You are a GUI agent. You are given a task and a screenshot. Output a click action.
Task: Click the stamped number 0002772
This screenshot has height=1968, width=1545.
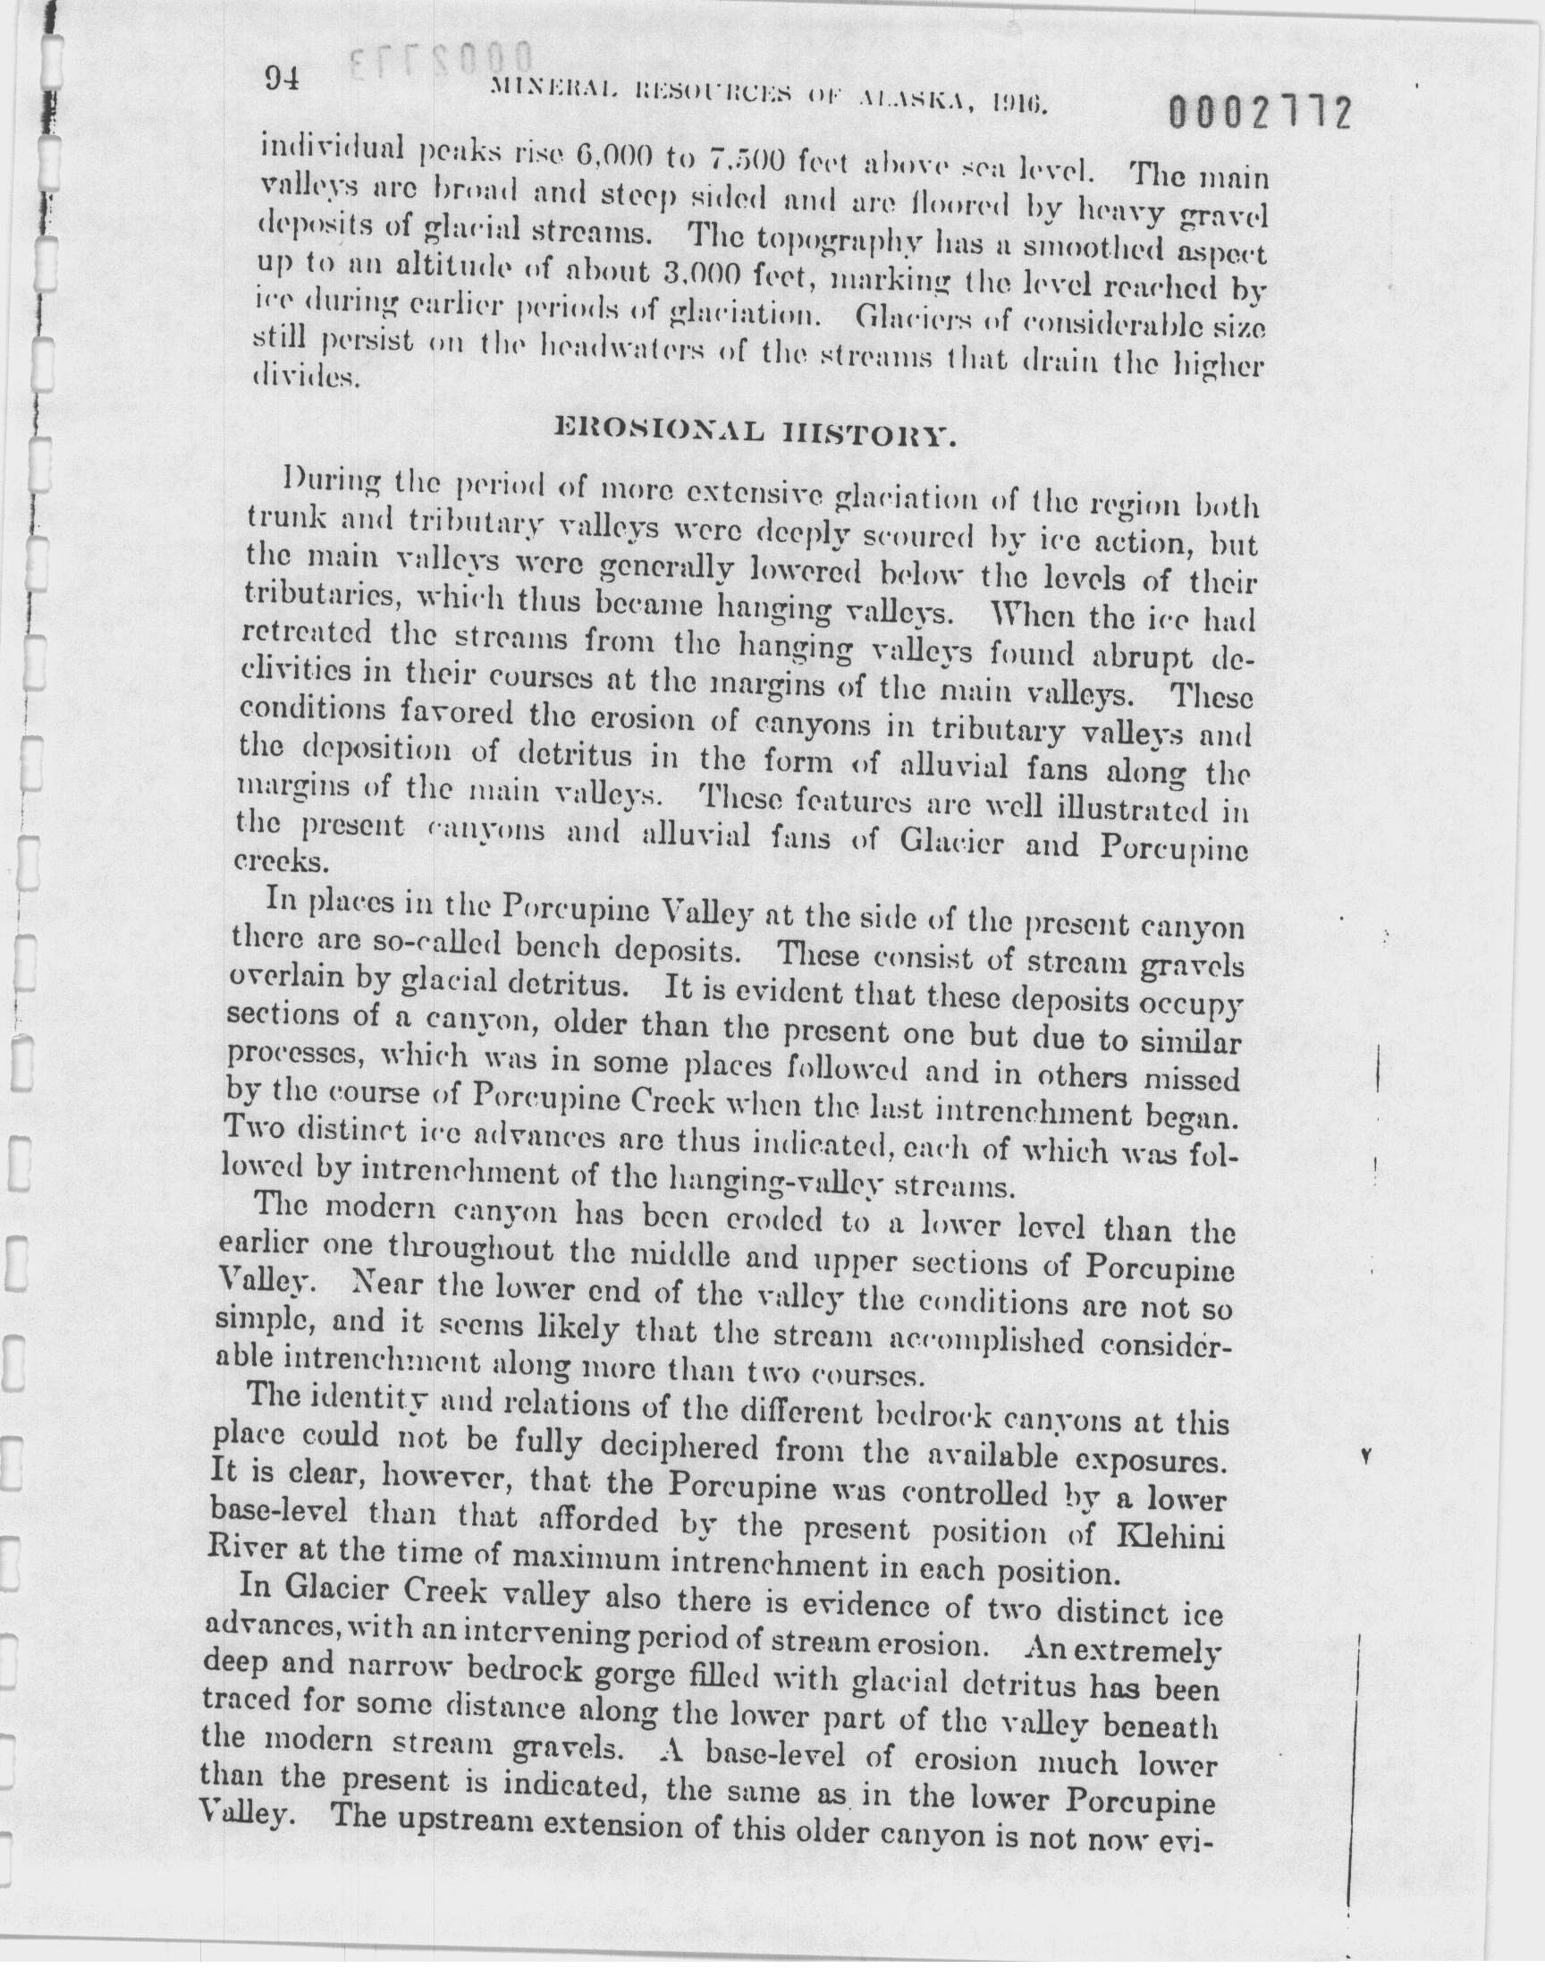click(1260, 115)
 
